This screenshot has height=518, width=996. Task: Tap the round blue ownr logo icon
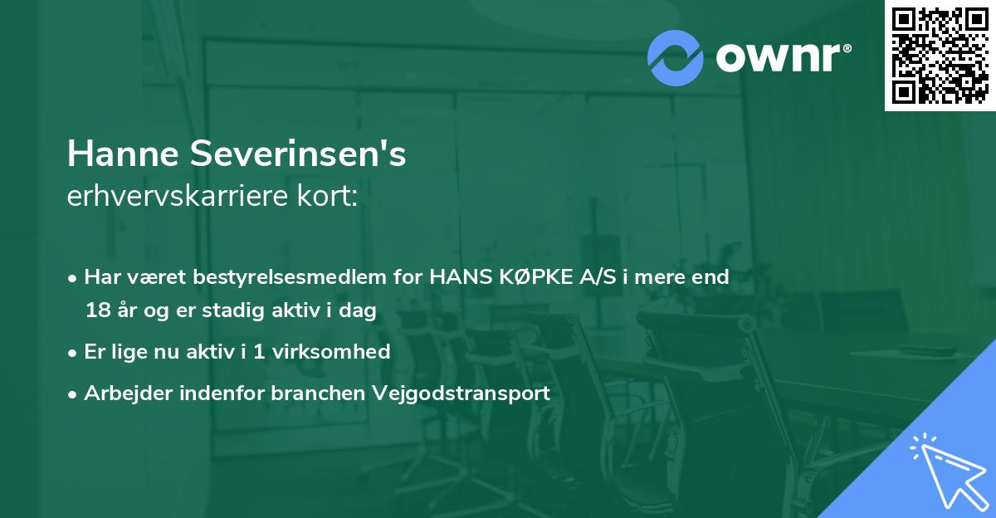click(676, 58)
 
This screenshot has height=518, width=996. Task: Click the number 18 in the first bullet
click(97, 311)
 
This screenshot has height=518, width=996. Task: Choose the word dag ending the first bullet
click(359, 311)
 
